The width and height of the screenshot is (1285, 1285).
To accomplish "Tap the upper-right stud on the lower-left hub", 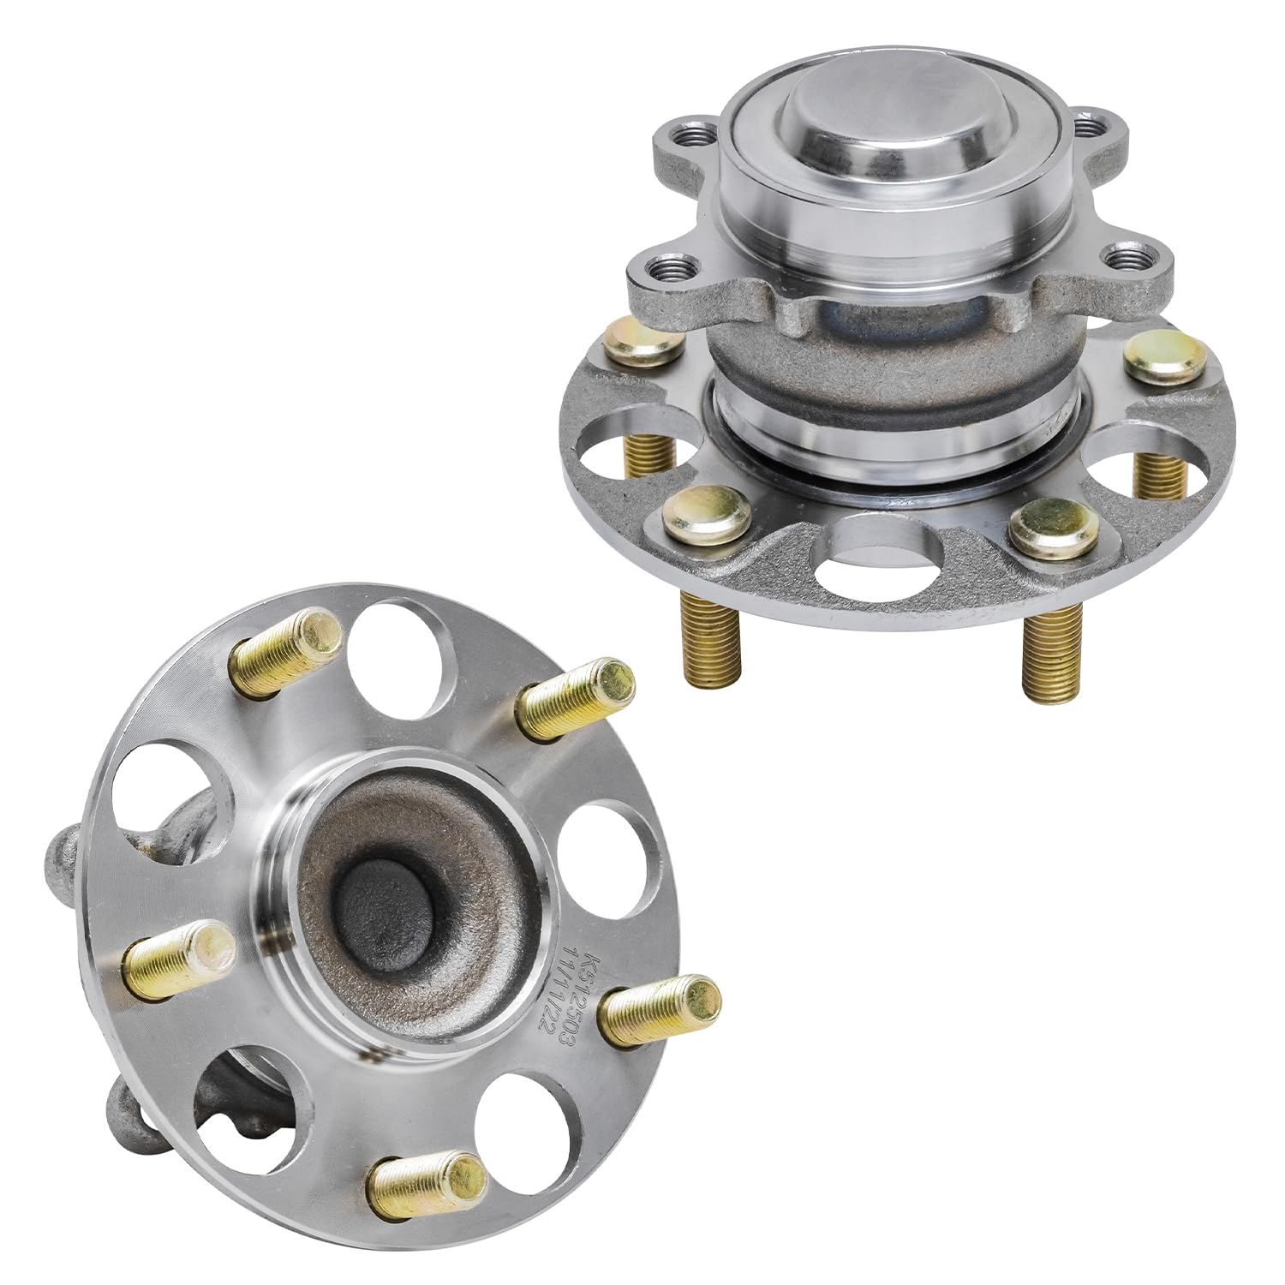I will [578, 698].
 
